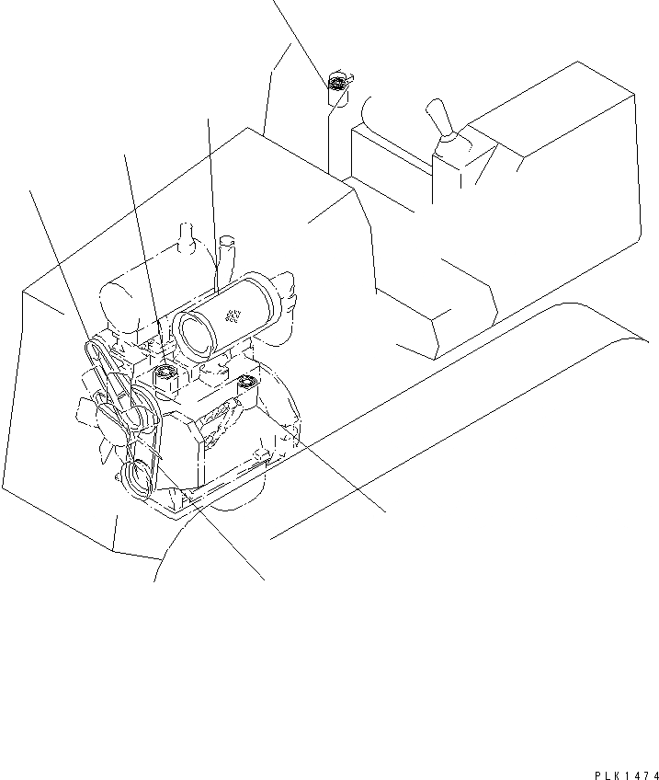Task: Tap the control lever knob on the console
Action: click(x=437, y=120)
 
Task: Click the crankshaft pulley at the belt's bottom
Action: click(x=140, y=477)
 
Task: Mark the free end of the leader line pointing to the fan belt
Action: click(x=33, y=189)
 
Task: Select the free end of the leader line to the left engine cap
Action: click(x=123, y=154)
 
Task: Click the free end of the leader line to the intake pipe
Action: click(x=209, y=117)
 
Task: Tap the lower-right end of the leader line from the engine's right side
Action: click(x=384, y=511)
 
